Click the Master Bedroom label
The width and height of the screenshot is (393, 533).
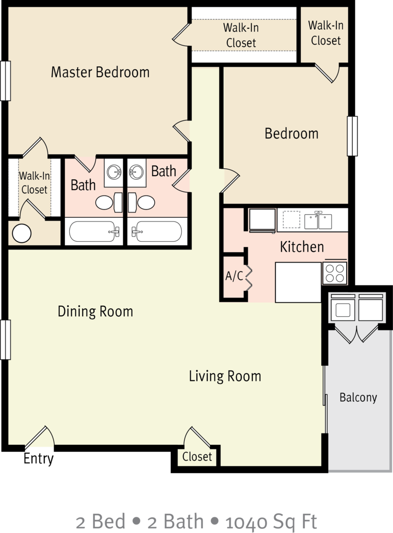(100, 72)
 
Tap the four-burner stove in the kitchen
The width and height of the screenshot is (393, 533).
(335, 273)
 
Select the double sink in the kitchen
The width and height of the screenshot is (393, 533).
(319, 220)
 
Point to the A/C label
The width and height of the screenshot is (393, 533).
(234, 276)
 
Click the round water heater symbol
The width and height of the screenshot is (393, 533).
(22, 233)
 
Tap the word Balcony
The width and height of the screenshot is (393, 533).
(358, 398)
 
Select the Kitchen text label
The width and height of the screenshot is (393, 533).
(302, 246)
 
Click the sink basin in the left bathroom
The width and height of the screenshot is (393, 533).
(114, 171)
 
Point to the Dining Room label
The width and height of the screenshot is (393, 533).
(95, 312)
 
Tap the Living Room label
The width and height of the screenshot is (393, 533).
(225, 376)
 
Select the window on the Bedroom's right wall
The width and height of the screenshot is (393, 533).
(352, 136)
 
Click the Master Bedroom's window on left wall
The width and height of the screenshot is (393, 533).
(5, 81)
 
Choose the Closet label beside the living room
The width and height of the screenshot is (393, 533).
(197, 457)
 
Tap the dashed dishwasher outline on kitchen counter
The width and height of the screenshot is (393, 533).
(291, 219)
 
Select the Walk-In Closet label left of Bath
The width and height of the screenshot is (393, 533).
(34, 183)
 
